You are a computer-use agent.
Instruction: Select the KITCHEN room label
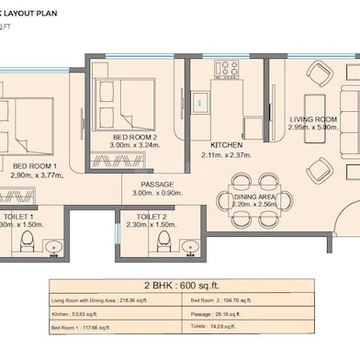click(225, 145)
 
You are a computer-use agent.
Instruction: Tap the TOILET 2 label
click(149, 216)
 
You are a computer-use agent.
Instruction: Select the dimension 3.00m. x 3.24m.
click(135, 145)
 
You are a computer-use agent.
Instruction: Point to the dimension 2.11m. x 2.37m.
click(225, 154)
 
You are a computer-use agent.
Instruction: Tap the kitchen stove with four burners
click(227, 69)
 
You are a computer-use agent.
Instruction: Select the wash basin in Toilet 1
click(53, 246)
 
